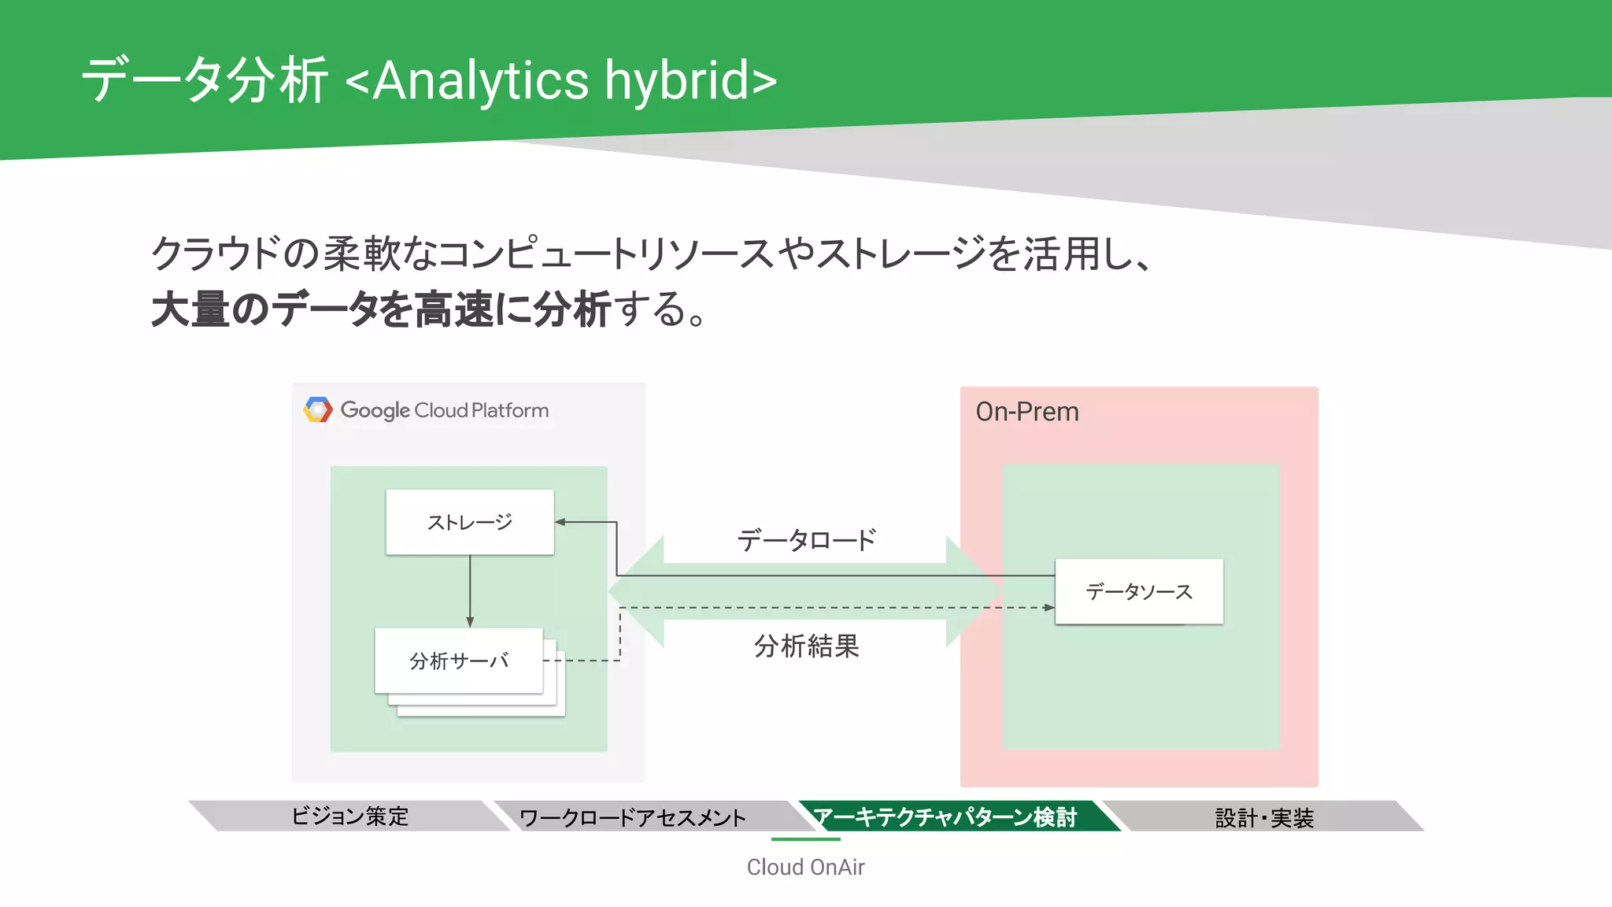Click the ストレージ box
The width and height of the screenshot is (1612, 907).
[470, 522]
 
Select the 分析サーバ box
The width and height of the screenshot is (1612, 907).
[459, 661]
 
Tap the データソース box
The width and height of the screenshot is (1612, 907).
[1139, 591]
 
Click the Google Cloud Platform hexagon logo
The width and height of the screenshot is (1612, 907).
[318, 409]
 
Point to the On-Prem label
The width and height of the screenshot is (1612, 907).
[1027, 412]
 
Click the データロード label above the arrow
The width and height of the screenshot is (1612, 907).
[806, 540]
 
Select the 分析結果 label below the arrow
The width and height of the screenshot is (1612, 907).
[806, 646]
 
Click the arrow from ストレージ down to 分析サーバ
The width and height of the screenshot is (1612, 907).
[470, 590]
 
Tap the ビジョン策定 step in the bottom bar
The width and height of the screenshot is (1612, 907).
[350, 816]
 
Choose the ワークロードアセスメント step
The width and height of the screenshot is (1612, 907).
[633, 817]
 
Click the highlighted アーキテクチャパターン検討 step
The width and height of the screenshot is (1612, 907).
[945, 817]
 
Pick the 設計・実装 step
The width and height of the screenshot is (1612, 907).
[1264, 817]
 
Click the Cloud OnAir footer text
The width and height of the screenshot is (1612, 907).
[805, 867]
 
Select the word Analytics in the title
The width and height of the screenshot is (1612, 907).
[480, 81]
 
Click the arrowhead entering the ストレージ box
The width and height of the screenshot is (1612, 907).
[560, 522]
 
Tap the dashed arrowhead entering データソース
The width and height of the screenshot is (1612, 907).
[1049, 608]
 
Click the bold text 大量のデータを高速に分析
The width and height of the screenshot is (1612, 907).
[381, 309]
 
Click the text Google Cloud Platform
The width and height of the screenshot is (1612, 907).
[444, 410]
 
